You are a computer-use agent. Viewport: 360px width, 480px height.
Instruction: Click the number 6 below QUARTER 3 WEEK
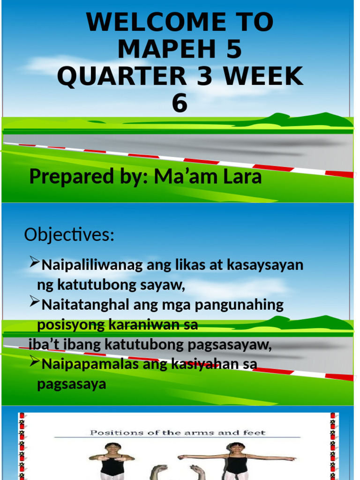180,104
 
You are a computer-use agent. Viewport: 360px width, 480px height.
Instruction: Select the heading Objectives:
69,235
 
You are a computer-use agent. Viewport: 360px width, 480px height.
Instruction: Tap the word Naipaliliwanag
92,265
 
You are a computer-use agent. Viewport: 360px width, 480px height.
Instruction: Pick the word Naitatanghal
86,305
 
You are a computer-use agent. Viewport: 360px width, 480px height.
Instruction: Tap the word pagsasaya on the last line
72,384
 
